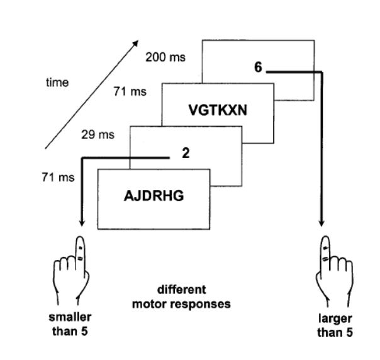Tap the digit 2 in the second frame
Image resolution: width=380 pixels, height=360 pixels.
tap(186, 152)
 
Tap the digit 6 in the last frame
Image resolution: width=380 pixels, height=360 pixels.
tap(258, 68)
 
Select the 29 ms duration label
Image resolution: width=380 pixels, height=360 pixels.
tap(98, 135)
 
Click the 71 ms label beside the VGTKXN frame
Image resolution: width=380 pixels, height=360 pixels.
tap(130, 92)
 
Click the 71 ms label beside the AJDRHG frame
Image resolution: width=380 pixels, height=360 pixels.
tap(58, 177)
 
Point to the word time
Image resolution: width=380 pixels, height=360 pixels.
tap(57, 82)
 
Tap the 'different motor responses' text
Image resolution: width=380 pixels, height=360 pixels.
tap(181, 297)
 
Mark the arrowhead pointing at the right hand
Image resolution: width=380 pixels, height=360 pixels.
tap(323, 225)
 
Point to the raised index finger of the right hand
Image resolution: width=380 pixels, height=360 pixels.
tap(324, 249)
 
